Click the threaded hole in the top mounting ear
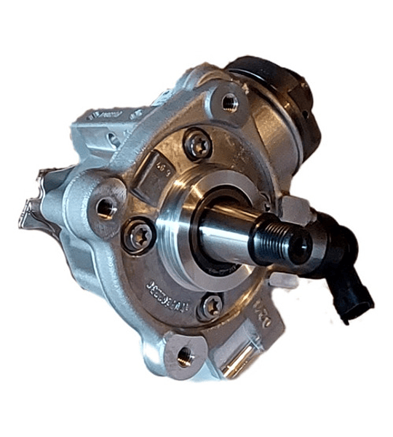229,103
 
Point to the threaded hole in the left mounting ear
106,209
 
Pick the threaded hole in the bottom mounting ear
185,355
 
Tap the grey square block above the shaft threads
297,212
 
